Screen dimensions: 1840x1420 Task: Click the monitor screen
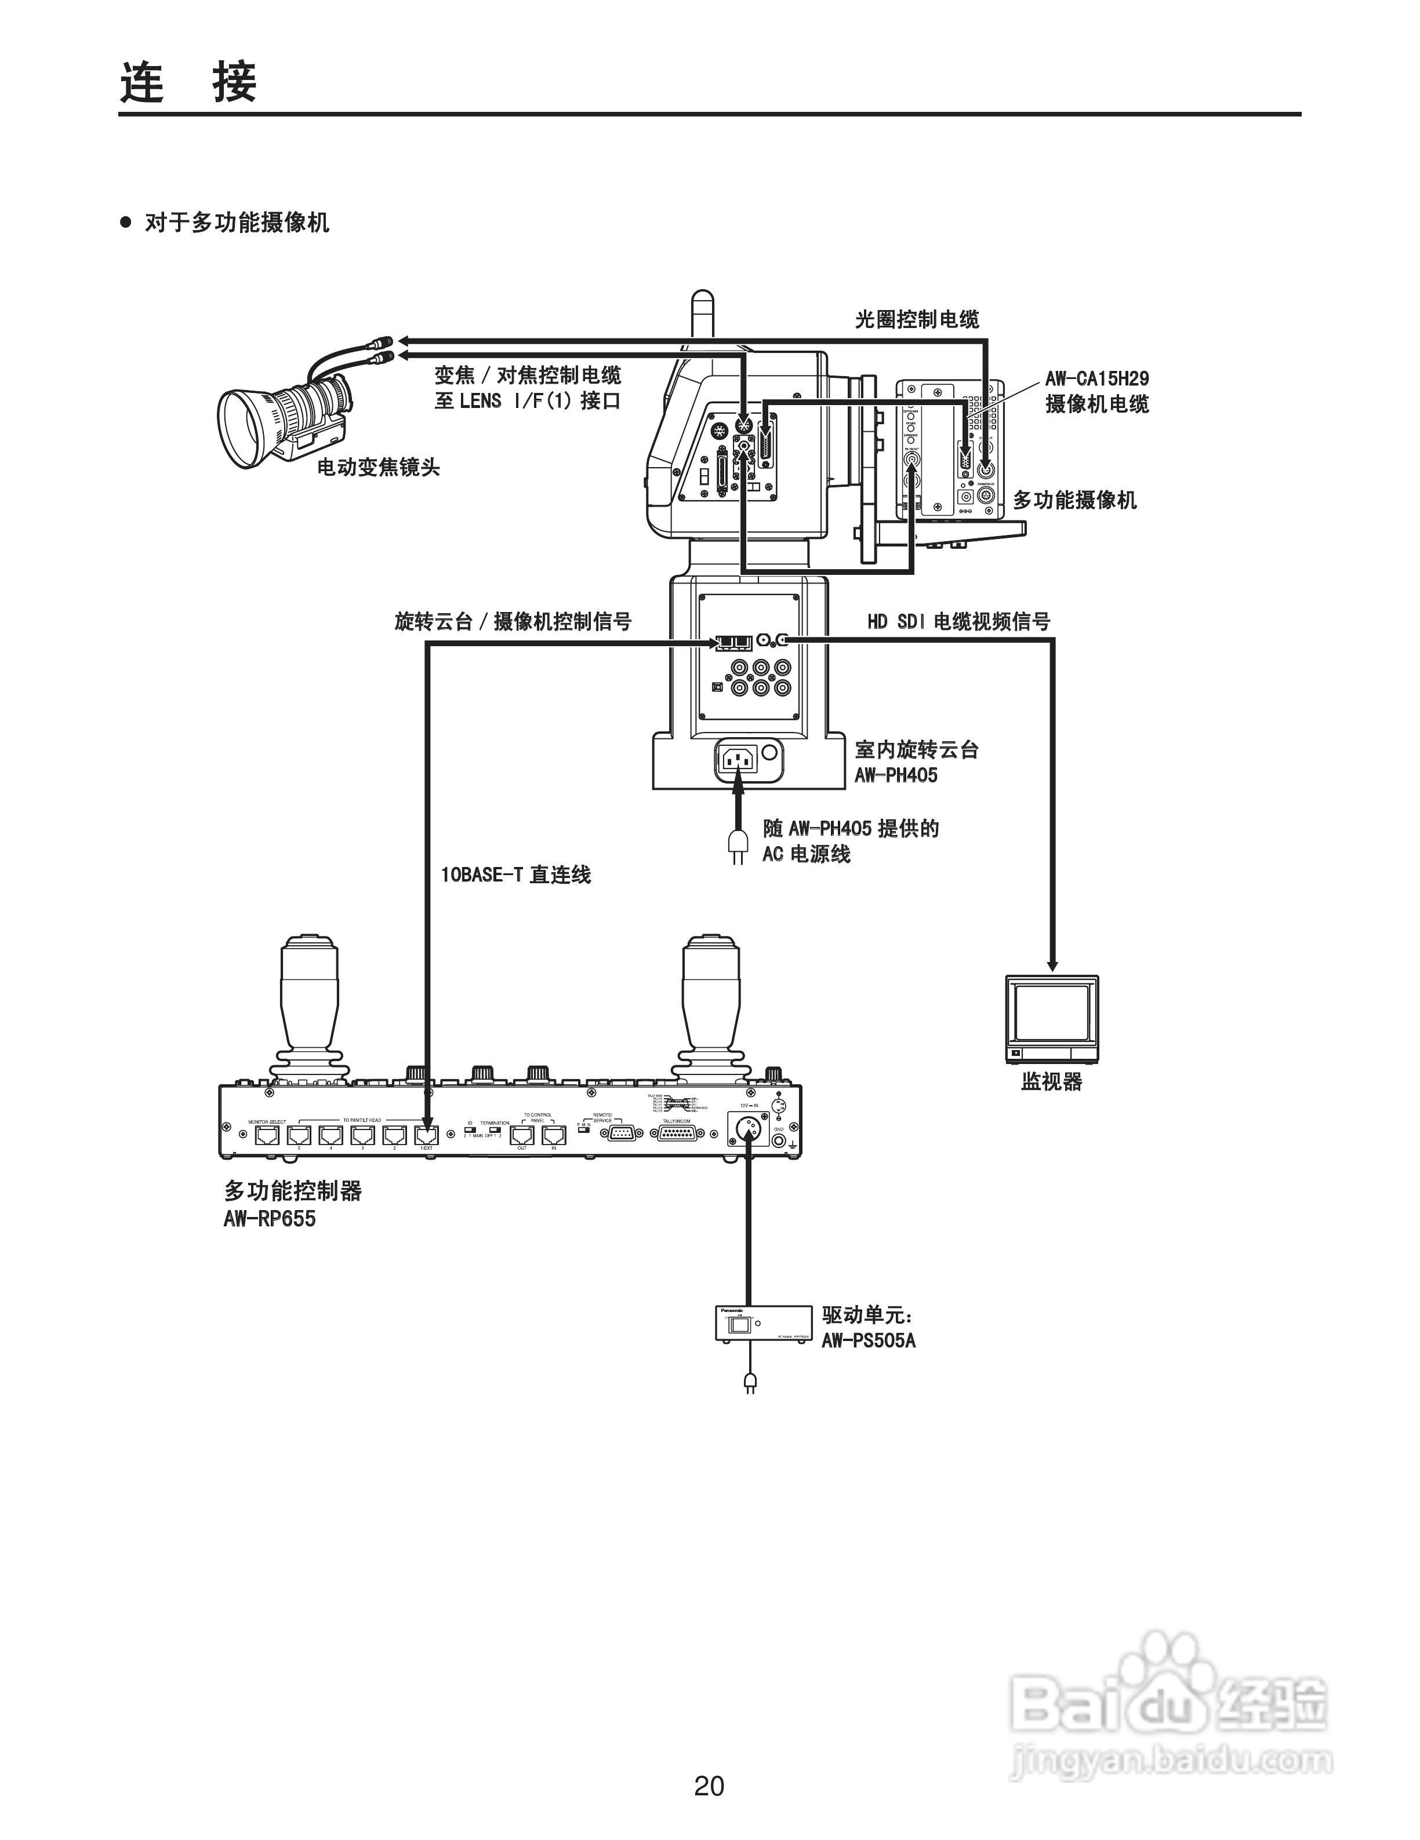click(x=1050, y=1011)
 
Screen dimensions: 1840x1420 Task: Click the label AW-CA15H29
click(x=1096, y=379)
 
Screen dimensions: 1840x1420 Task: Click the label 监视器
click(x=1051, y=1081)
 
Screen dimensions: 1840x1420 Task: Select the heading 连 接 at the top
click(x=188, y=82)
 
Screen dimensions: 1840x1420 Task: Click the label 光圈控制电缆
click(x=917, y=319)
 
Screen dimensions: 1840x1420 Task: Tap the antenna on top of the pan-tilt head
click(x=701, y=316)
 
